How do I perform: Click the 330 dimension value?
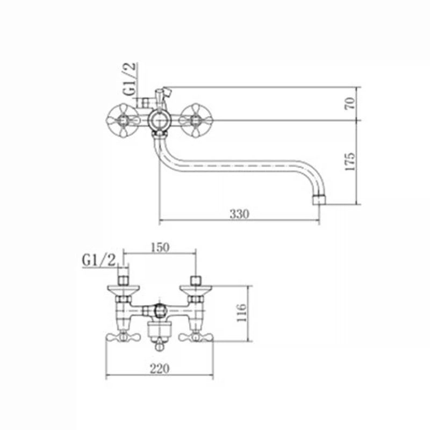(x=239, y=213)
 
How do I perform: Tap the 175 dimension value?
(x=350, y=161)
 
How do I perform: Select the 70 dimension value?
(x=350, y=103)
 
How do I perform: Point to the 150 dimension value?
(x=160, y=247)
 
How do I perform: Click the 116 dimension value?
(x=241, y=313)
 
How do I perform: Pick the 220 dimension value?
(x=160, y=368)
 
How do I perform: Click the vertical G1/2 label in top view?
(x=130, y=79)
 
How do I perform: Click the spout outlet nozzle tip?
(x=319, y=200)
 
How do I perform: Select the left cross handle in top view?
(x=123, y=120)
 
